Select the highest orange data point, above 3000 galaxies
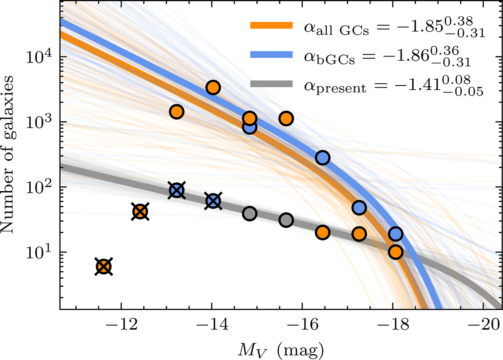click(213, 88)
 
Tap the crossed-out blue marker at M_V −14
click(213, 201)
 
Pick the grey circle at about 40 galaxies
click(249, 213)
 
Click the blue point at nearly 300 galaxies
click(322, 158)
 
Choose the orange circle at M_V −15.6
click(286, 119)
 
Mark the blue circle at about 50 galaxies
click(359, 207)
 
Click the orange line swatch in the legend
click(271, 26)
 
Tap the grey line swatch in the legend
click(271, 84)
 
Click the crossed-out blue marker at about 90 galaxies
click(177, 190)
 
